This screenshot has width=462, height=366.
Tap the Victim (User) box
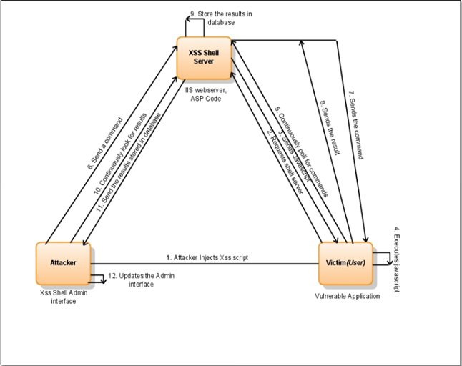[347, 263]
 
